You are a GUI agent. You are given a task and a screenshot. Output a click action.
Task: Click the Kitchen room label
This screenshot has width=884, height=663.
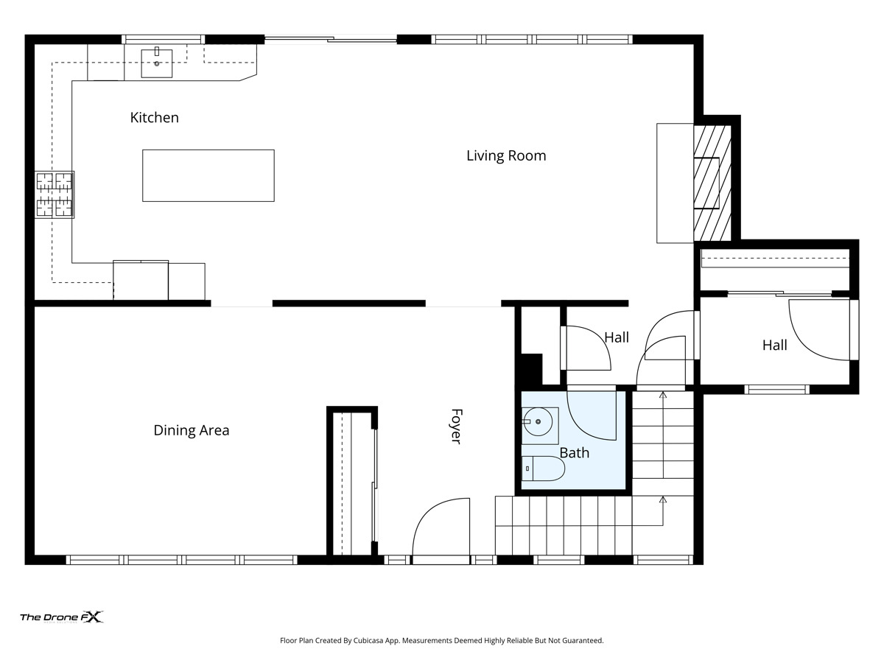tap(154, 118)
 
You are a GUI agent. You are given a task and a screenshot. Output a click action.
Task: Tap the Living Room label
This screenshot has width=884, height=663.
tap(506, 155)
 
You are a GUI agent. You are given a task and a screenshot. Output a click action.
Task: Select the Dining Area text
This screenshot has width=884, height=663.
tap(192, 430)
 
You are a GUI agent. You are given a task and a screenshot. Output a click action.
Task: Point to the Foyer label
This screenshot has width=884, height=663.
tap(456, 427)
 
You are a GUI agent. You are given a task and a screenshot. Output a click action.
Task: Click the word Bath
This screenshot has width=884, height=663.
tap(575, 453)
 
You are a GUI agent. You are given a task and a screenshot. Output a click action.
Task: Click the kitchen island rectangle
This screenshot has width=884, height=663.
tap(208, 175)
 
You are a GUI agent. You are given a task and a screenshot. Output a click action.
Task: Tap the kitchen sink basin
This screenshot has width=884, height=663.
tap(157, 63)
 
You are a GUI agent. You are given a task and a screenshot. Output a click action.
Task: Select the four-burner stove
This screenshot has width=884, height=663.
tap(55, 194)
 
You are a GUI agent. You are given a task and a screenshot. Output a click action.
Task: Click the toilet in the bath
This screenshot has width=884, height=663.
tap(543, 469)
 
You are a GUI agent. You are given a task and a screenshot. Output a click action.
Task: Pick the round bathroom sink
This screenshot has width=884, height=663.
tap(538, 422)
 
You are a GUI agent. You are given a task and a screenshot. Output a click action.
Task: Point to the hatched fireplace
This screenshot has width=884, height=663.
tap(712, 183)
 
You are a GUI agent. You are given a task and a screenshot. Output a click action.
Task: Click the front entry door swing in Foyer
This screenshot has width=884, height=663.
tap(441, 527)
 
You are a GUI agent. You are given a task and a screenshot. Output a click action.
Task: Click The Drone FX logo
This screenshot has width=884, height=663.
tap(62, 617)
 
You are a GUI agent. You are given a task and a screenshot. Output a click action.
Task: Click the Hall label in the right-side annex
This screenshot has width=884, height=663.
tap(774, 345)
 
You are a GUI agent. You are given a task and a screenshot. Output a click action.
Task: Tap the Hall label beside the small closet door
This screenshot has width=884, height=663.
tap(617, 337)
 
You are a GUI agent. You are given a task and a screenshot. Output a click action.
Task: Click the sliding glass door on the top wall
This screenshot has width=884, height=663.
tap(331, 39)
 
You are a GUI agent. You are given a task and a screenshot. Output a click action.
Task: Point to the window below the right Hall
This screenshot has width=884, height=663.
tap(776, 389)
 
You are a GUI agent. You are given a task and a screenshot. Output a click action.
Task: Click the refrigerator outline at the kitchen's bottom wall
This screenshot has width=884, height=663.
tap(141, 280)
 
